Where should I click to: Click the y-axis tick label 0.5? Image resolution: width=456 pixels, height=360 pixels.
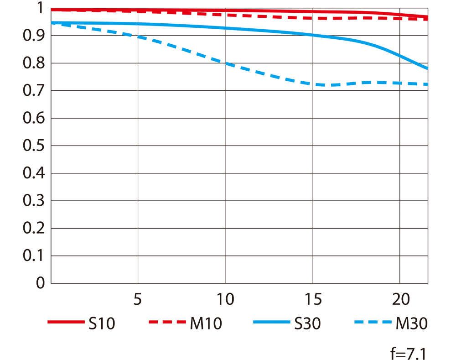point(34,146)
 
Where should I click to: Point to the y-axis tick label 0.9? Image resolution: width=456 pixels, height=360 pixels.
point(34,36)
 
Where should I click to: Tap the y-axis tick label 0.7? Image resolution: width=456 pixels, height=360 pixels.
point(34,91)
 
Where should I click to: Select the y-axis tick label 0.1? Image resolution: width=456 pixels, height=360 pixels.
point(34,256)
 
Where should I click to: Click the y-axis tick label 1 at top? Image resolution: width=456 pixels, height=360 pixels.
point(40,8)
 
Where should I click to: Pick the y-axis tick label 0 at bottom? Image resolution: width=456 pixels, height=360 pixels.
point(40,283)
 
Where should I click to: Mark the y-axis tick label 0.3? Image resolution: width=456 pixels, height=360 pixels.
point(34,201)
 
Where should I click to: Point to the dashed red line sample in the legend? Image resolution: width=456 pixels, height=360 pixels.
point(166,323)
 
